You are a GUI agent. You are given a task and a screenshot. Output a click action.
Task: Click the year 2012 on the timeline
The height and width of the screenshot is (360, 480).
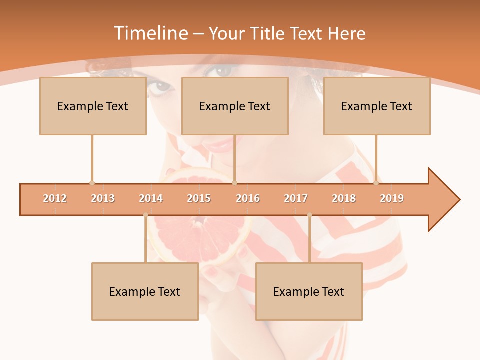pyautogui.click(x=55, y=198)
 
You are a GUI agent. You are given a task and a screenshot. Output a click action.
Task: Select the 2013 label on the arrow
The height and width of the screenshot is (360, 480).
pyautogui.click(x=103, y=198)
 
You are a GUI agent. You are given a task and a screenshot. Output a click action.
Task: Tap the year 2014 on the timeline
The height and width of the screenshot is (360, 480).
pyautogui.click(x=151, y=198)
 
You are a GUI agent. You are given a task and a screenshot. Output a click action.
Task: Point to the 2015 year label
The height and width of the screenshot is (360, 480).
pyautogui.click(x=199, y=198)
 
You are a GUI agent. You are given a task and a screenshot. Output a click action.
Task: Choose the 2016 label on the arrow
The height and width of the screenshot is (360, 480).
pyautogui.click(x=248, y=198)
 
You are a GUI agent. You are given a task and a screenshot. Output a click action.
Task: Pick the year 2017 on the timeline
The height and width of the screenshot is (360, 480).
pyautogui.click(x=296, y=198)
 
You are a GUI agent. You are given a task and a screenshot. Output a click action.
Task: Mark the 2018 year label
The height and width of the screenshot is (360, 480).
pyautogui.click(x=344, y=198)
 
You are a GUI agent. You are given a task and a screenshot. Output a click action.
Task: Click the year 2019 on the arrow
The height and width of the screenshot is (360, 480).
pyautogui.click(x=392, y=198)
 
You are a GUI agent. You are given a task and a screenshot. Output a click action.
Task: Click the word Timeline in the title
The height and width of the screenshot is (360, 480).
pyautogui.click(x=150, y=33)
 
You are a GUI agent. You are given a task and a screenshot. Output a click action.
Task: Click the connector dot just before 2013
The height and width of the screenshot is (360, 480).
pyautogui.click(x=92, y=183)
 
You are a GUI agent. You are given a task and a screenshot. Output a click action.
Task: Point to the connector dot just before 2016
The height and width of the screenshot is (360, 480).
pyautogui.click(x=235, y=183)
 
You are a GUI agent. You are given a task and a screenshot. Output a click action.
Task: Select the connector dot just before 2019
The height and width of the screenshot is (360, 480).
pyautogui.click(x=376, y=183)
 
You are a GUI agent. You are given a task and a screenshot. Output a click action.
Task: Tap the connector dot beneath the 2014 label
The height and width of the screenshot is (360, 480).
pyautogui.click(x=145, y=215)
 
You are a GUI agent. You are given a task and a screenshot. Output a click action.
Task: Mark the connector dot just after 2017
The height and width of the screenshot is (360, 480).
pyautogui.click(x=309, y=215)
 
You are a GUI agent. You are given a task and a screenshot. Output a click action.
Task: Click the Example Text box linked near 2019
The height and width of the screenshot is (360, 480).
pyautogui.click(x=377, y=106)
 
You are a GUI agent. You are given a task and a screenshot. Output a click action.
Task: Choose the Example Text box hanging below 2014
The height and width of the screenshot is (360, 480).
pyautogui.click(x=145, y=291)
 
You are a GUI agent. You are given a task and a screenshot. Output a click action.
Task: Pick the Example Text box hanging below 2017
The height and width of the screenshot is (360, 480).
pyautogui.click(x=309, y=291)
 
